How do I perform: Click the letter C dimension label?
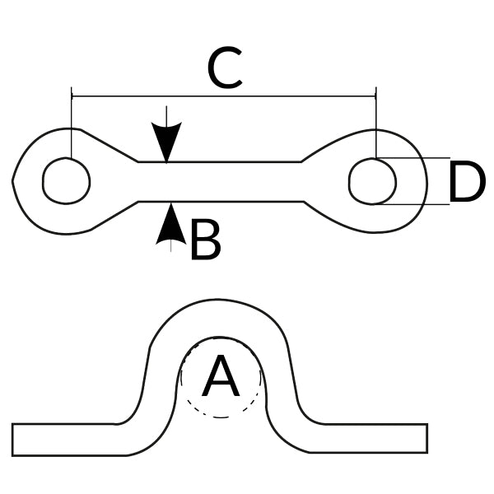point(225,69)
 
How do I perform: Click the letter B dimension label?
point(205,241)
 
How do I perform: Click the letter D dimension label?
point(466,183)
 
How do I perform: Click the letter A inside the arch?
point(221,378)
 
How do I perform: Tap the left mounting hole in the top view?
point(66,180)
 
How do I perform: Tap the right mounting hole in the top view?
point(372,180)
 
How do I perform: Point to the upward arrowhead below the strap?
point(170,222)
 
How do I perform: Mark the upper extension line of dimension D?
point(420,158)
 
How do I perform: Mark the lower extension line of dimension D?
point(420,203)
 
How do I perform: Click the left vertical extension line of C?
point(72,123)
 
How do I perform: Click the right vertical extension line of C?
point(375,123)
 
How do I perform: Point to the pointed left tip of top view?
point(15,180)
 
